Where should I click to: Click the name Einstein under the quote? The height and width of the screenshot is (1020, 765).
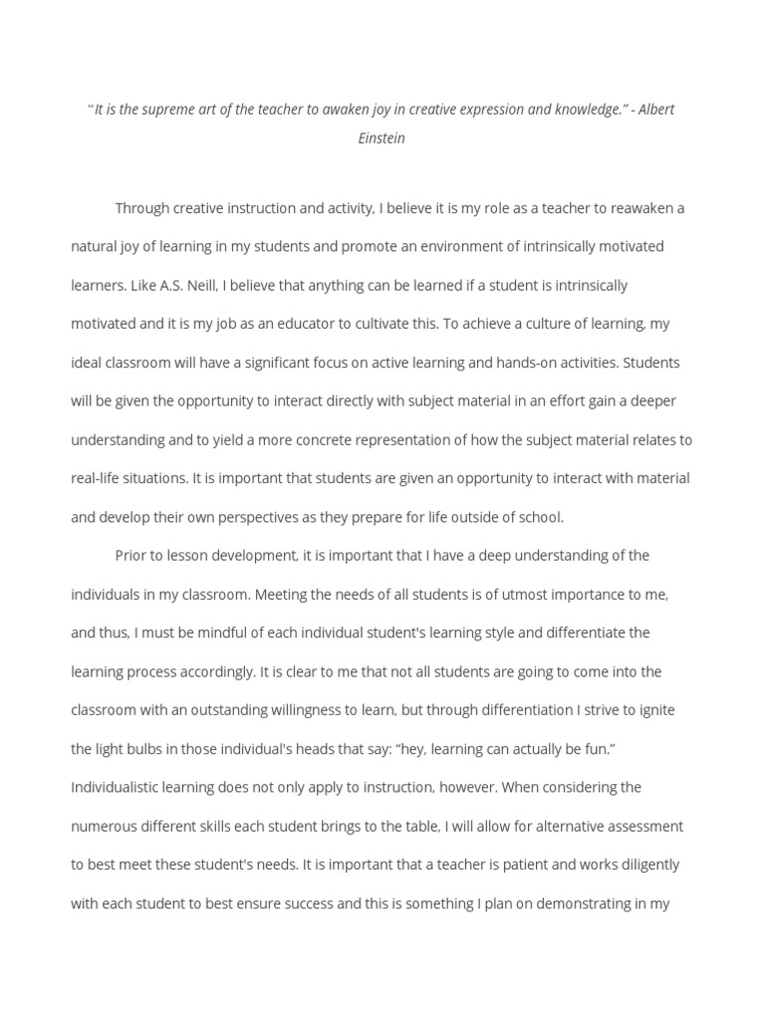click(382, 138)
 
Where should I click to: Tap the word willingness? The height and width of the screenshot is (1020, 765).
click(378, 710)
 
